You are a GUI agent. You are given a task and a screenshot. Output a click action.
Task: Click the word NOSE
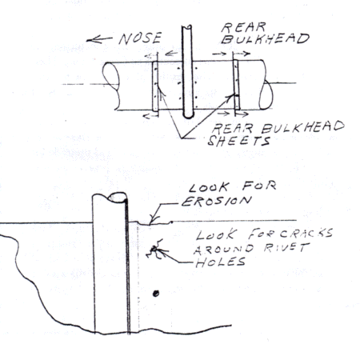[x=140, y=38]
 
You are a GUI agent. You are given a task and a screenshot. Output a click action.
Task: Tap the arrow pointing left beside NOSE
[x=99, y=40]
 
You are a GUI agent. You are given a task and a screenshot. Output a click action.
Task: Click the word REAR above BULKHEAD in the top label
[x=243, y=27]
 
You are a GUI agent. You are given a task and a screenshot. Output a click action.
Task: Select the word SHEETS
[x=239, y=141]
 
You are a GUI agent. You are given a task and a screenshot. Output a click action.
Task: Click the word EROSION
[x=217, y=201]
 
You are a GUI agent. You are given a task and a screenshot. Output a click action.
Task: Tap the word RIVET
[x=286, y=248]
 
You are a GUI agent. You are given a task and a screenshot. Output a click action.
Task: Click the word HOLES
[x=220, y=262]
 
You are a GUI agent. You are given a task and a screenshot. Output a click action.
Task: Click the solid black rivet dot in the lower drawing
[x=156, y=294]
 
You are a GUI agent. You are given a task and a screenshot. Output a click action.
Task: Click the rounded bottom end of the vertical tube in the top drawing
[x=188, y=115]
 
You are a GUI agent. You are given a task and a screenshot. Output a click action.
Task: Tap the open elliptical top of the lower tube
[x=118, y=198]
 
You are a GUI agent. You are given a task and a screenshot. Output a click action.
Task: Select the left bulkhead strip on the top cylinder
[x=155, y=86]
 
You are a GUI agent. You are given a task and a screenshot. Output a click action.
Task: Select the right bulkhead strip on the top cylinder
[x=237, y=85]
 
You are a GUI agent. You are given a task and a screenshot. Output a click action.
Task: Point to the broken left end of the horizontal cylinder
[x=111, y=86]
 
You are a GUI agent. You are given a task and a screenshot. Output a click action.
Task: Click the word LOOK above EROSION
[x=209, y=187]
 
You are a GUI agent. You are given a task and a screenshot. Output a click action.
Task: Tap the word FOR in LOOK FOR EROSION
[x=259, y=186]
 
